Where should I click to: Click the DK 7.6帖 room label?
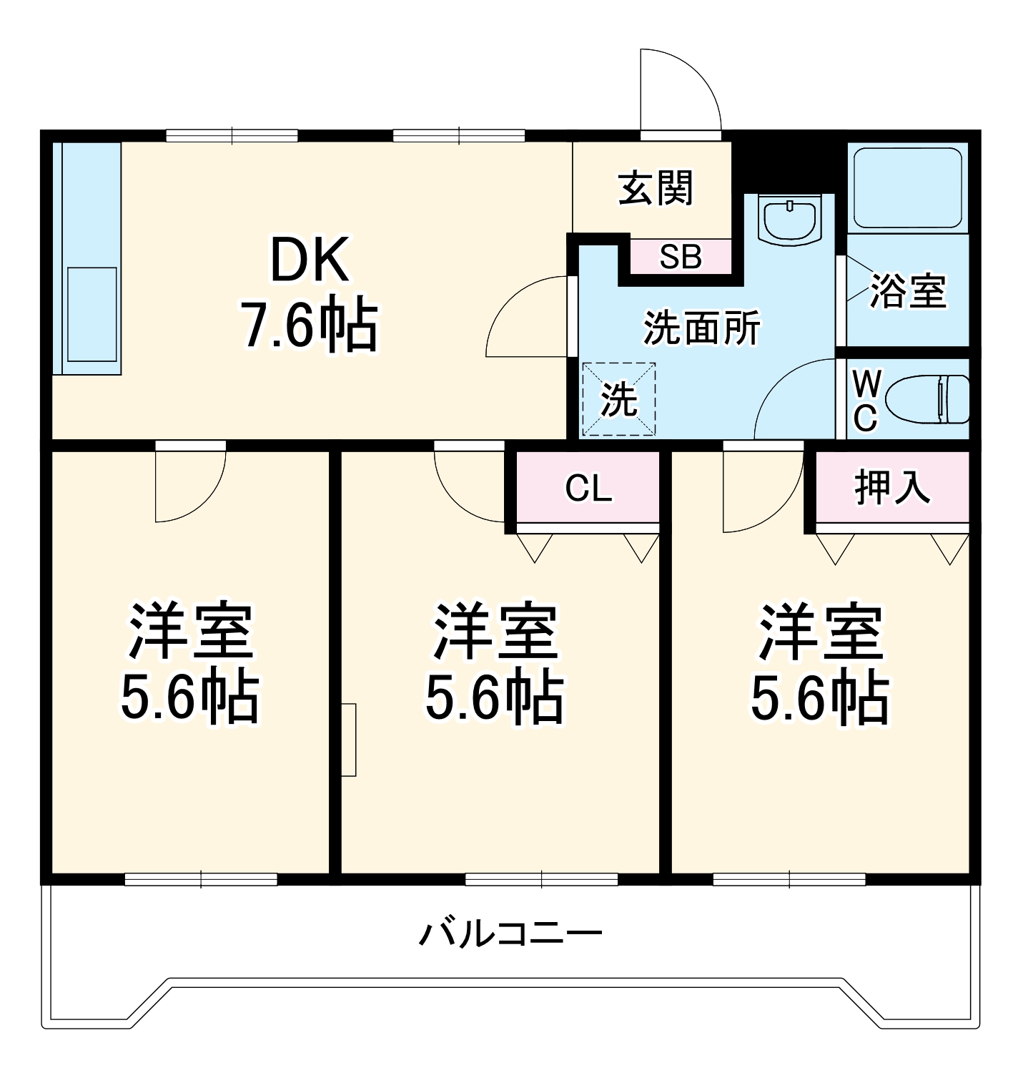coord(310,293)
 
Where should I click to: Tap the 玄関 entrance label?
coord(655,189)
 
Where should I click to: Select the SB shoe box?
coord(681,257)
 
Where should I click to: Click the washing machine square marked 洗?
coord(619,399)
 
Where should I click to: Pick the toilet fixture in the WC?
coord(926,398)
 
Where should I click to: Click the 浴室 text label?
coord(908,291)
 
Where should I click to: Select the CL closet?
coord(588,488)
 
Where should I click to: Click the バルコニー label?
coord(510,934)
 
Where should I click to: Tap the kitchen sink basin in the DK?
coord(92,315)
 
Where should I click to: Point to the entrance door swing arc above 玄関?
coord(679,89)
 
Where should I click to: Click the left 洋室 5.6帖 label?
coord(189,663)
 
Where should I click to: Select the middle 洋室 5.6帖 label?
coord(495,663)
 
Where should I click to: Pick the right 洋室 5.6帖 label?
coord(820,663)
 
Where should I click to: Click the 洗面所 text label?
coord(702,328)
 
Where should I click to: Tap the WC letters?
coord(865,401)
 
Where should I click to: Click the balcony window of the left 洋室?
coord(201,879)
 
